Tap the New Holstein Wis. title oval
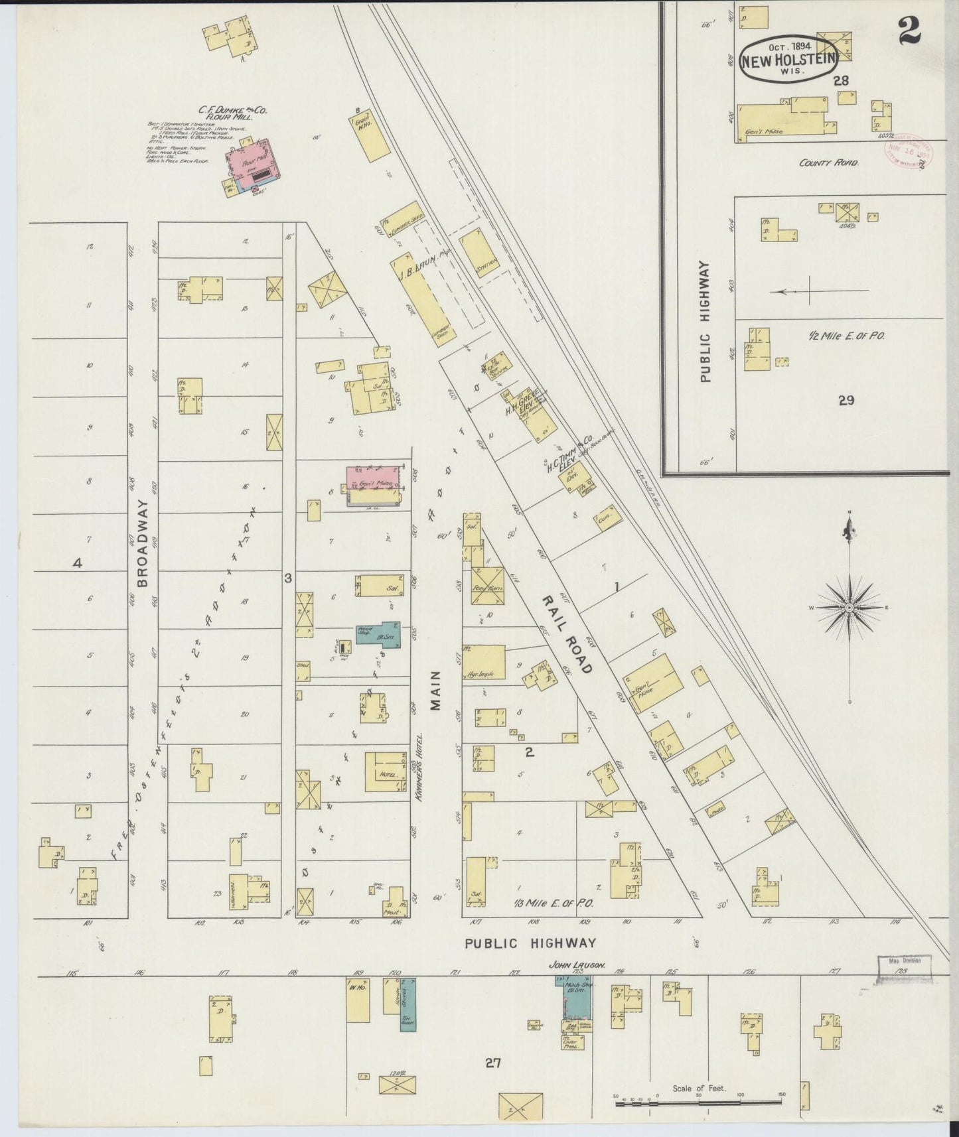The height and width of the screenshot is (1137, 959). tap(788, 58)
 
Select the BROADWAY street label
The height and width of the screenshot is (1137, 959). tap(144, 543)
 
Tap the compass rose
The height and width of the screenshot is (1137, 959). tap(849, 607)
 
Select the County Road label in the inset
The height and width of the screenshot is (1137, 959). tap(829, 163)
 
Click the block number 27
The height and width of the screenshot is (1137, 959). tap(491, 1064)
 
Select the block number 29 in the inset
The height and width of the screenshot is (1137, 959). tap(846, 400)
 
